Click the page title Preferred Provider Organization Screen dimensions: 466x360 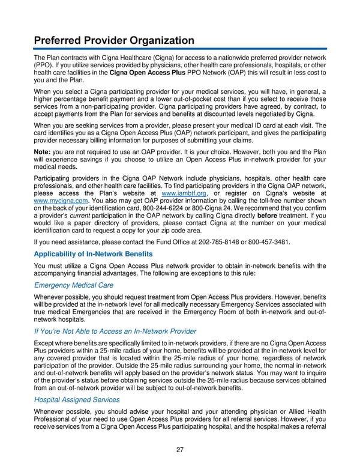click(113, 41)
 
